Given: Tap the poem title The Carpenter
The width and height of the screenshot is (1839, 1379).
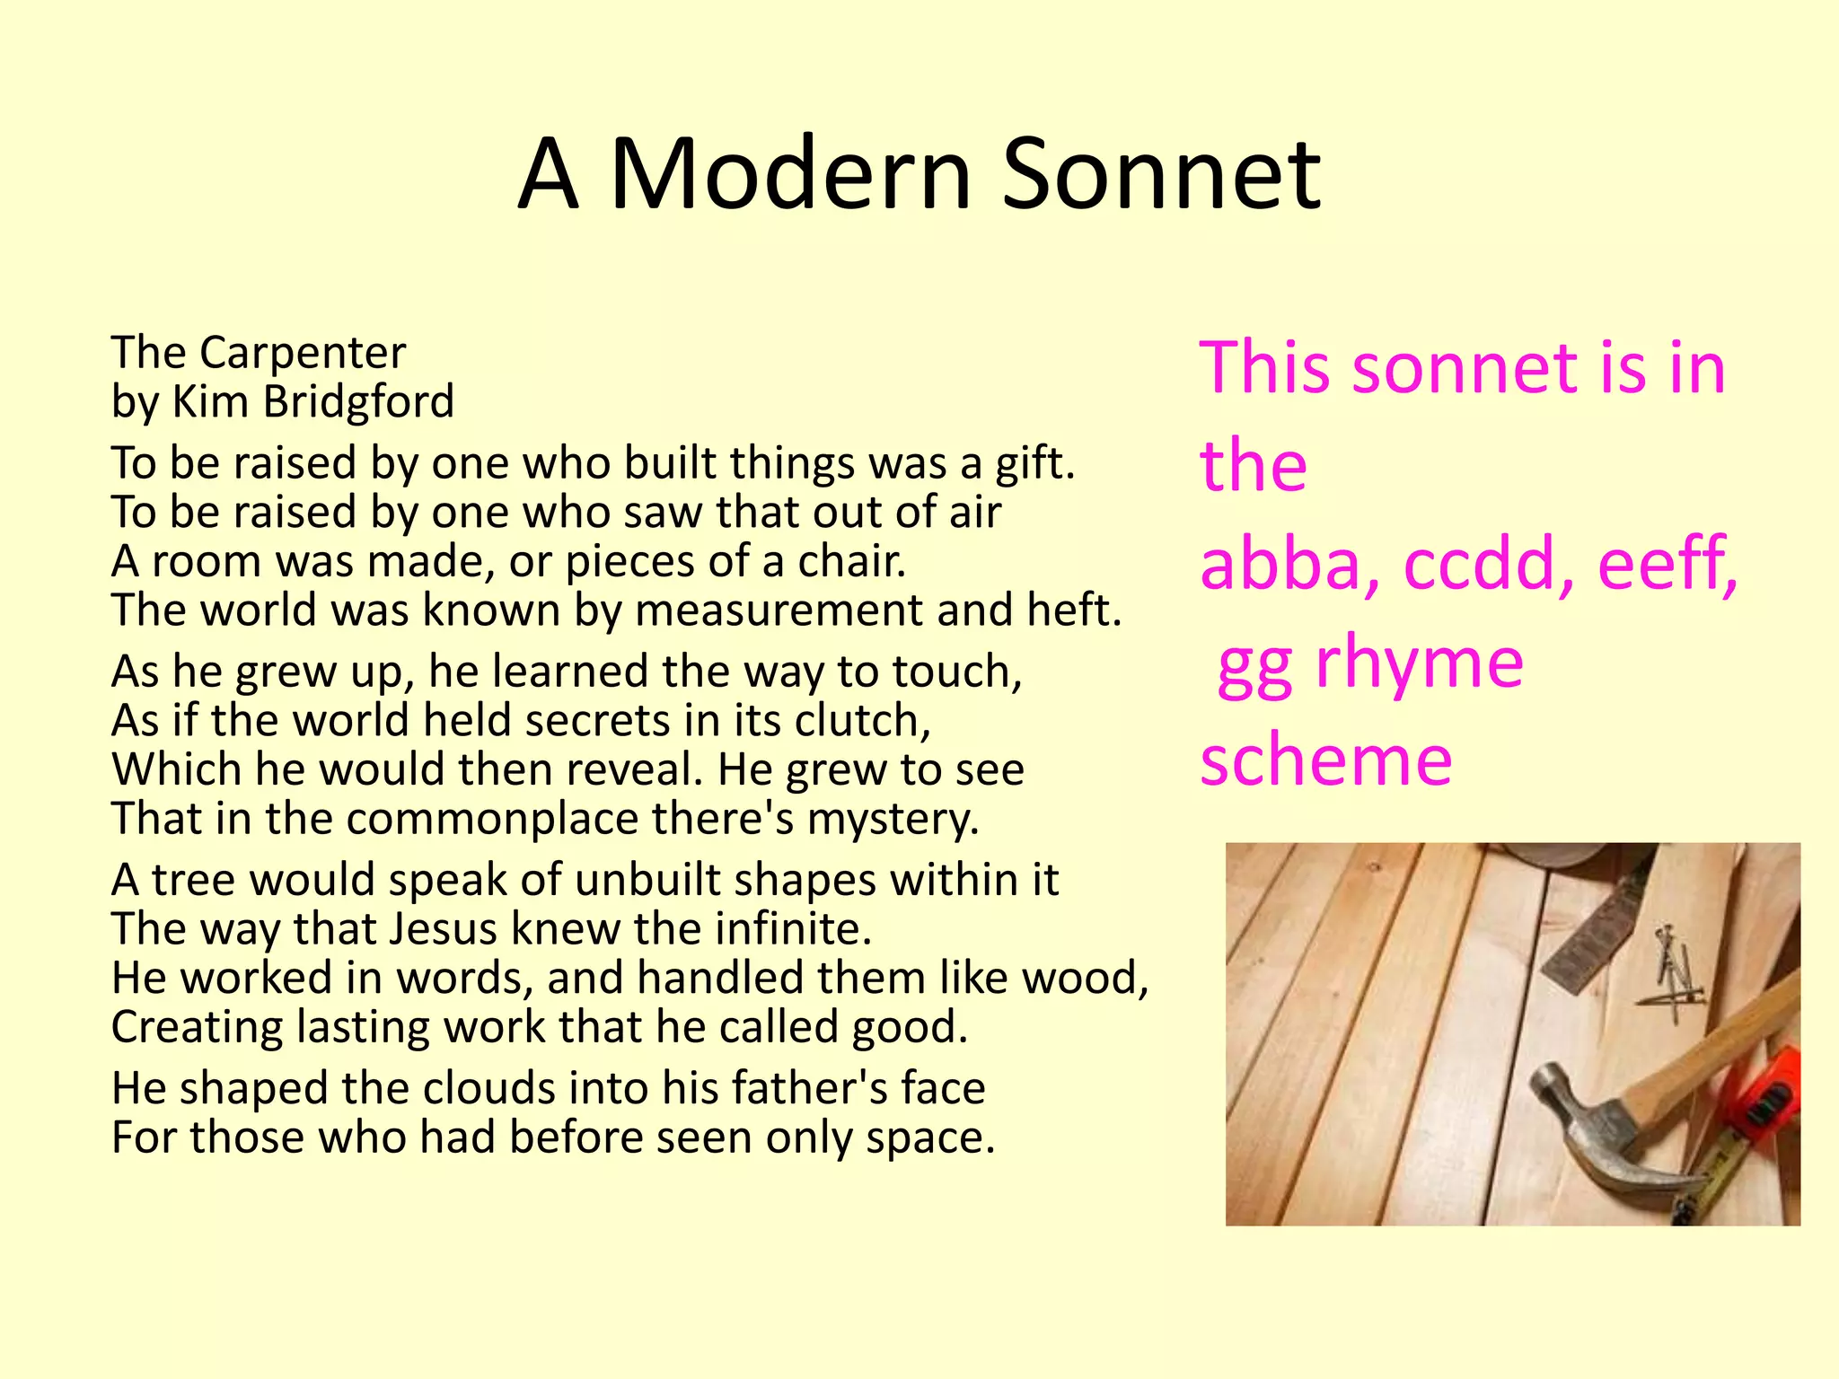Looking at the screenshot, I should [259, 352].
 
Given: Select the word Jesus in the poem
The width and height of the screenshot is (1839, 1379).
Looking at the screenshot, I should [443, 929].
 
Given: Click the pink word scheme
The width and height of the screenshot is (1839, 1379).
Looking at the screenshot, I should [1325, 760].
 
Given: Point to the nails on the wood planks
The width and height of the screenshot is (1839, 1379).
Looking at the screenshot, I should [1672, 974].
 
